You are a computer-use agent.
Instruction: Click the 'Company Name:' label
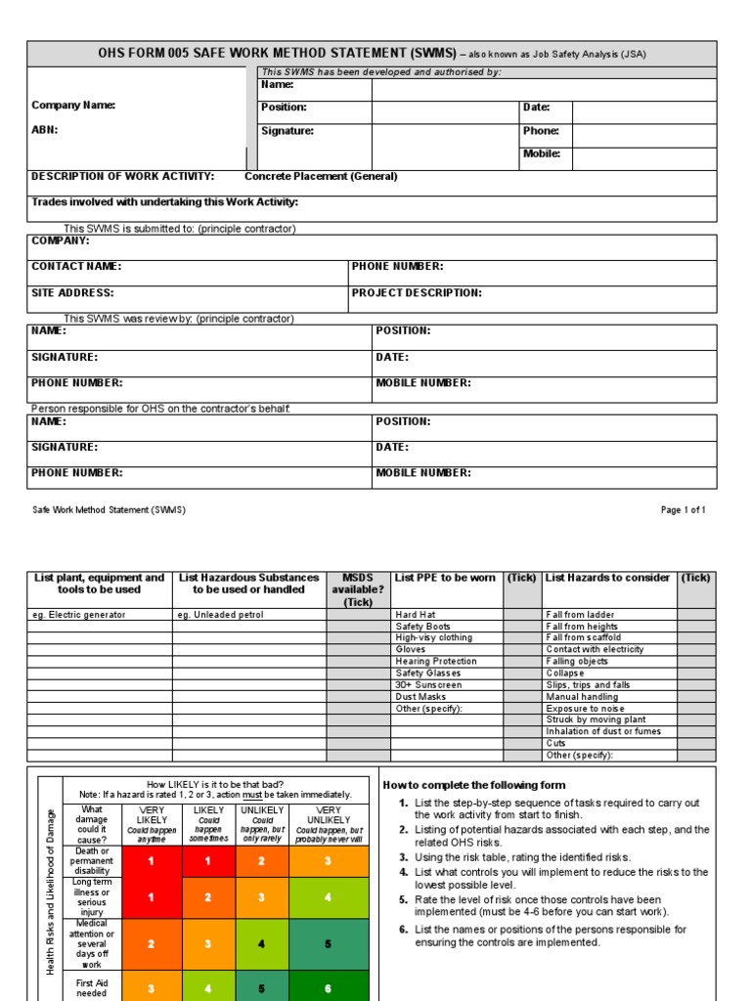(x=73, y=106)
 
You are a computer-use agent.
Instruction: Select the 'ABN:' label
(x=45, y=129)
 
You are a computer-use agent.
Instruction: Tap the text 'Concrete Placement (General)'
(x=321, y=177)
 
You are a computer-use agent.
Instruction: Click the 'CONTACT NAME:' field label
(x=76, y=266)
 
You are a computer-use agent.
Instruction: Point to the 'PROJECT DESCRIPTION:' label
(x=417, y=292)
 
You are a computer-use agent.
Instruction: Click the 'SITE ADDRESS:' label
(x=72, y=292)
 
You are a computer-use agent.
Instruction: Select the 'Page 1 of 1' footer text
(x=683, y=510)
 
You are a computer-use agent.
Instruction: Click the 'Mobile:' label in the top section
(x=542, y=153)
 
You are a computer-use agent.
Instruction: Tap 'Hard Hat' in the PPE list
(x=414, y=615)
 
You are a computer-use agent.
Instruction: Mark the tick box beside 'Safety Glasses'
(x=521, y=674)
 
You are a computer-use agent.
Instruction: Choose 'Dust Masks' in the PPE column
(x=420, y=697)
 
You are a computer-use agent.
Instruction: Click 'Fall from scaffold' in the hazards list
(x=583, y=637)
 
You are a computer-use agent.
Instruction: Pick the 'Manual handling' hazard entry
(x=582, y=697)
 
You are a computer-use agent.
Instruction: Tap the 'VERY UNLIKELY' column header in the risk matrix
(x=330, y=815)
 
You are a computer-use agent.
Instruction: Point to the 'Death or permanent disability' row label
(x=92, y=861)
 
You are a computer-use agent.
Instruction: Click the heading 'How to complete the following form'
(x=473, y=785)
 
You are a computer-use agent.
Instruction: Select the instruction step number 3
(x=403, y=857)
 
